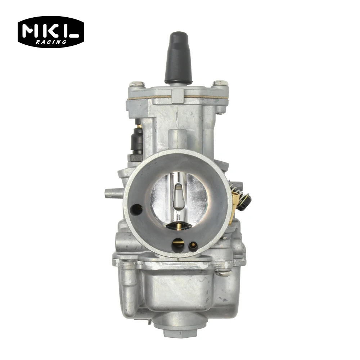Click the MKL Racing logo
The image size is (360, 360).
(50, 32)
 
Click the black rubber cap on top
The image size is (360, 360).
(178, 58)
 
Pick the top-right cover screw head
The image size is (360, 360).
(219, 84)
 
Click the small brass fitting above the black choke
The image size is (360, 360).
(137, 127)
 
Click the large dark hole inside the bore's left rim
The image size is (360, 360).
(136, 209)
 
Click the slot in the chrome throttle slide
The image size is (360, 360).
(177, 196)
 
